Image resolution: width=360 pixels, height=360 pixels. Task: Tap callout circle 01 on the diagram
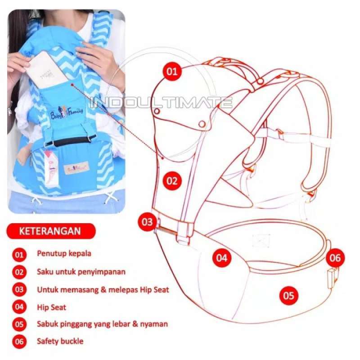(x=171, y=72)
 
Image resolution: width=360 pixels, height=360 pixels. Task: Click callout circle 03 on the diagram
(x=148, y=222)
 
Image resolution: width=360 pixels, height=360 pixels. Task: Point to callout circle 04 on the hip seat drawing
(x=221, y=258)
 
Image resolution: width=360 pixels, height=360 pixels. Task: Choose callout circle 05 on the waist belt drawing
(x=288, y=296)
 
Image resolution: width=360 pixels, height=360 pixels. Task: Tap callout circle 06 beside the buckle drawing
(x=335, y=258)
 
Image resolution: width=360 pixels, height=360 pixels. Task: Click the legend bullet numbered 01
(x=19, y=254)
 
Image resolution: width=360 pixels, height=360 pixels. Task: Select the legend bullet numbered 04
(x=19, y=308)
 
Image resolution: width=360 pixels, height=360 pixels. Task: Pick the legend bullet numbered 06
(x=19, y=342)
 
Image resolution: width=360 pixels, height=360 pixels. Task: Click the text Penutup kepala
(x=64, y=253)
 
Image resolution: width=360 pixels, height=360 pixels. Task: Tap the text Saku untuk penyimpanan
(x=81, y=272)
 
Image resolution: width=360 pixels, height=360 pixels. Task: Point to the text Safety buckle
(x=60, y=341)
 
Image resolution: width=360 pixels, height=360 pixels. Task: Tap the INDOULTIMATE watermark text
(x=162, y=103)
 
